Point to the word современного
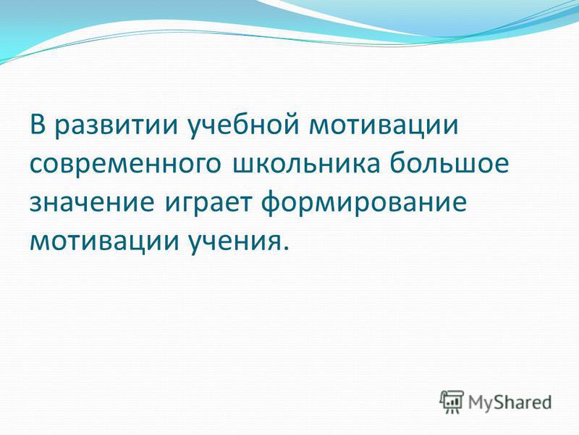coord(125,164)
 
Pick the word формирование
coord(364,204)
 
